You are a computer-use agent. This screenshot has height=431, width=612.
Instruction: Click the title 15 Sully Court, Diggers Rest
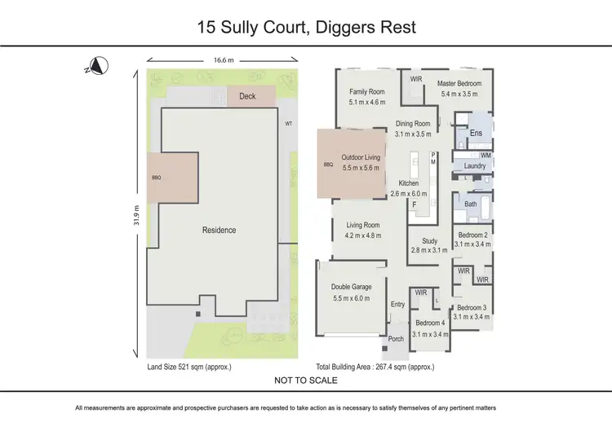click(x=306, y=27)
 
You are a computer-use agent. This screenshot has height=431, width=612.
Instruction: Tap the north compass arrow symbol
click(x=95, y=66)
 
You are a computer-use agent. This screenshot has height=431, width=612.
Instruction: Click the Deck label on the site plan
click(x=246, y=96)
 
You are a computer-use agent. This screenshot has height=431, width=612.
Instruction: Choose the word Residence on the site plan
click(x=219, y=231)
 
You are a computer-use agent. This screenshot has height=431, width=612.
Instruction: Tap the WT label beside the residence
click(x=288, y=124)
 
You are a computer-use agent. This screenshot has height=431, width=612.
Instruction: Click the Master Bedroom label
click(x=459, y=83)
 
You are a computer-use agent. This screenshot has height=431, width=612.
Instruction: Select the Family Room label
click(x=366, y=92)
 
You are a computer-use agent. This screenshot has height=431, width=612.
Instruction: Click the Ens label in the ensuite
click(x=477, y=133)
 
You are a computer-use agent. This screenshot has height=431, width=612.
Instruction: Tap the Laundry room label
click(x=474, y=166)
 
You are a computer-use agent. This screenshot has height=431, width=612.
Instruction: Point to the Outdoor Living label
click(x=361, y=157)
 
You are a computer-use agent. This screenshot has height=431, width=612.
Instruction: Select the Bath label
click(x=472, y=205)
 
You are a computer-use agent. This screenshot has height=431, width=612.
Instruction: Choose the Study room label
click(x=429, y=240)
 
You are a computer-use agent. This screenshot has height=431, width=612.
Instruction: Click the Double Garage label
click(x=352, y=287)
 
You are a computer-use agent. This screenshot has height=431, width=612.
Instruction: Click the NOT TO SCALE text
click(x=306, y=380)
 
